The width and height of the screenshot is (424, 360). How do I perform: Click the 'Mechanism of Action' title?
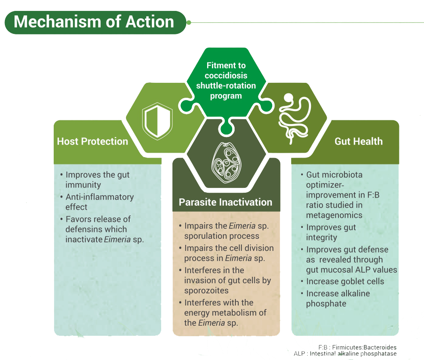click(94, 22)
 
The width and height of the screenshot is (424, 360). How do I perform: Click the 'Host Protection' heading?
click(92, 141)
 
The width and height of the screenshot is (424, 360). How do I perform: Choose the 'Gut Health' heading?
click(359, 141)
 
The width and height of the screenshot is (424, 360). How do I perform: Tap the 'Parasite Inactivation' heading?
click(225, 202)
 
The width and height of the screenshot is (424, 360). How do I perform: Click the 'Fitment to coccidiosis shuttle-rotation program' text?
click(226, 81)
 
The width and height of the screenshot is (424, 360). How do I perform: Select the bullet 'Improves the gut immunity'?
click(97, 180)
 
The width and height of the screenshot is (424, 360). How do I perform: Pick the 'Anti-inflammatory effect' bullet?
click(99, 202)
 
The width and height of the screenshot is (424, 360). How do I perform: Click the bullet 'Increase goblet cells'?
click(345, 282)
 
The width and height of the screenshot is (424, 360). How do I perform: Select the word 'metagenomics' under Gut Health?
click(334, 215)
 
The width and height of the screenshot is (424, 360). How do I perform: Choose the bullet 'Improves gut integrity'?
click(331, 232)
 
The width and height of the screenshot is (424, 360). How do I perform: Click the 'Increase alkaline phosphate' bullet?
click(338, 299)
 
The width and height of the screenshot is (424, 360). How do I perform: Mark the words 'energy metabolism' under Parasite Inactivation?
click(225, 313)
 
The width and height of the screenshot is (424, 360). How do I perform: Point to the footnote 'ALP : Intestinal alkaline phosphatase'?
click(346, 354)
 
